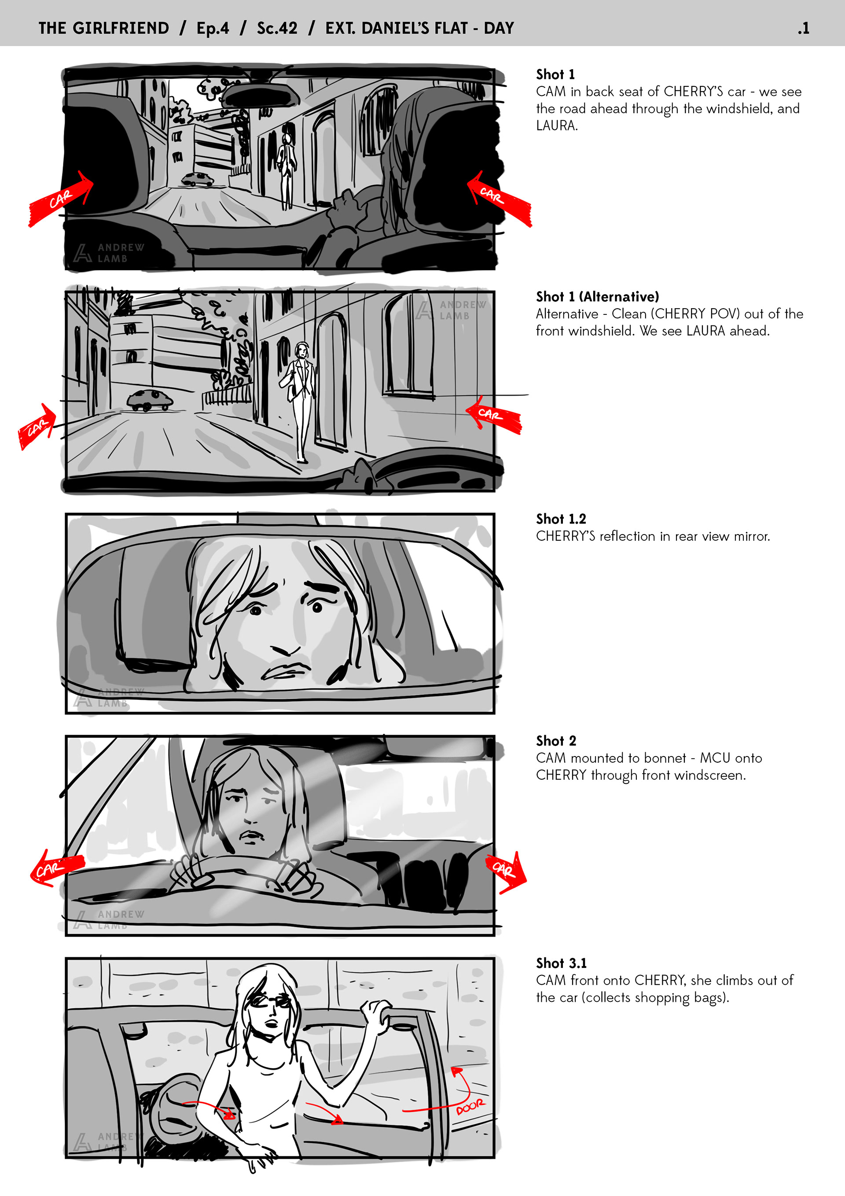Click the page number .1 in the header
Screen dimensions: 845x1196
(803, 28)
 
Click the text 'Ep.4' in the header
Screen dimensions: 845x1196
(213, 28)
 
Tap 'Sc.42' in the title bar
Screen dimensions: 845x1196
(277, 28)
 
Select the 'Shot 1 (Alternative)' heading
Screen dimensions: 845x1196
(597, 296)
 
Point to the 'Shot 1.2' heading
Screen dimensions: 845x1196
(561, 519)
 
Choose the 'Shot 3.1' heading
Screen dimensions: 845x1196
(561, 963)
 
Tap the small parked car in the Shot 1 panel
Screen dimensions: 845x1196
(197, 180)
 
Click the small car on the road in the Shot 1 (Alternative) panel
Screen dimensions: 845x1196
(150, 400)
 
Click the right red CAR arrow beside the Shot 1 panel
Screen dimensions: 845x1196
(499, 199)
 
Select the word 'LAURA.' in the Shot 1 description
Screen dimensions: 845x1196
(557, 126)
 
